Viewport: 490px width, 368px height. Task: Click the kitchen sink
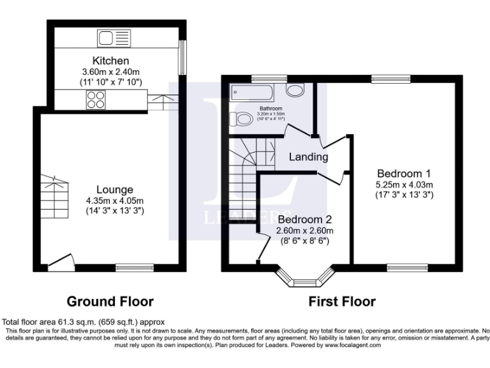pyautogui.click(x=112, y=38)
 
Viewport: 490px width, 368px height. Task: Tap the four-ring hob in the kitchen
pyautogui.click(x=96, y=99)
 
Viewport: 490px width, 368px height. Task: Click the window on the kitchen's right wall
pyautogui.click(x=183, y=57)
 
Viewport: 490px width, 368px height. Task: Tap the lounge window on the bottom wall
pyautogui.click(x=135, y=268)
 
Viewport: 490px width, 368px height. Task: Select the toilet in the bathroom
pyautogui.click(x=243, y=119)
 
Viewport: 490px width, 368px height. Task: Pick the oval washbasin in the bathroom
pyautogui.click(x=295, y=90)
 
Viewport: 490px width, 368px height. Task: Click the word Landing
pyautogui.click(x=308, y=157)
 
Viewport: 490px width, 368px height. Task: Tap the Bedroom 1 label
pyautogui.click(x=404, y=173)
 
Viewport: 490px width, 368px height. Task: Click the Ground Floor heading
pyautogui.click(x=110, y=301)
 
